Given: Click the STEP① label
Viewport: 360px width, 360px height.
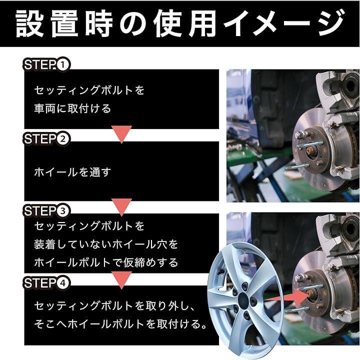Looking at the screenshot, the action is click(x=46, y=64).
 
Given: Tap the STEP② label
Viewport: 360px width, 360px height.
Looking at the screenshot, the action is click(x=46, y=139).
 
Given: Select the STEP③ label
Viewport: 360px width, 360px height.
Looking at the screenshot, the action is click(x=46, y=211).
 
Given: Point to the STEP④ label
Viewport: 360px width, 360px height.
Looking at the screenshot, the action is click(x=46, y=282).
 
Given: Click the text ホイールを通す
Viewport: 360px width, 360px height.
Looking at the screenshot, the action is click(x=72, y=172).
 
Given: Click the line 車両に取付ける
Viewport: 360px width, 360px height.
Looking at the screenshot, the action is click(x=72, y=108).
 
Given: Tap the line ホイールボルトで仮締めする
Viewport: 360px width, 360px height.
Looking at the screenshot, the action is click(x=106, y=262).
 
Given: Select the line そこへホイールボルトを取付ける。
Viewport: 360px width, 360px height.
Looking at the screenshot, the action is click(x=120, y=324).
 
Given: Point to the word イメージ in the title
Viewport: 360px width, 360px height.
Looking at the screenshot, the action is click(x=284, y=23).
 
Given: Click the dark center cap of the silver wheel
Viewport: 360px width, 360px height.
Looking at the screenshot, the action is click(x=243, y=299).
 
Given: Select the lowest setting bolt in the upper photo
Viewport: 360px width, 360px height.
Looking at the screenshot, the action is click(x=294, y=167).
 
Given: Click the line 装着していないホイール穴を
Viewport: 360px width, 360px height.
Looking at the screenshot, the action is click(x=106, y=244).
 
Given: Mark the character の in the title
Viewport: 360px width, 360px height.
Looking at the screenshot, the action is click(x=133, y=24).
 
